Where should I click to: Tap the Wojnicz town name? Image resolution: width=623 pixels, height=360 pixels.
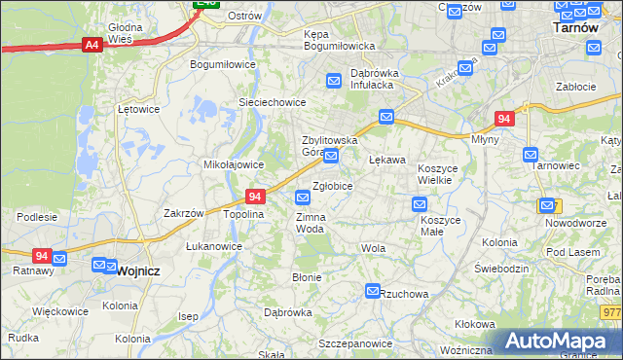[137, 271]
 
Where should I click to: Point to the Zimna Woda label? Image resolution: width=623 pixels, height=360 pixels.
[310, 222]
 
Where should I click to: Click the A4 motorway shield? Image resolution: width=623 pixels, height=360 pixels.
[92, 44]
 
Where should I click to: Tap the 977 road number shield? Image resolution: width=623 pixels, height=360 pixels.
[611, 311]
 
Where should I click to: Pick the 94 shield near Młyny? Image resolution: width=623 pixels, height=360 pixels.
[503, 119]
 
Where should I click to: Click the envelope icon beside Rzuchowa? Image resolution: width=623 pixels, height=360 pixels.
[373, 291]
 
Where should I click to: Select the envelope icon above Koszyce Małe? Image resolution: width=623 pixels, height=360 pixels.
[419, 203]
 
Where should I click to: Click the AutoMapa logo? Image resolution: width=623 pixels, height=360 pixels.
[560, 341]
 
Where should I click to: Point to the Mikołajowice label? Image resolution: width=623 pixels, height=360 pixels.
[229, 164]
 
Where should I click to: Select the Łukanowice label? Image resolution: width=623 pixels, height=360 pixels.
[214, 246]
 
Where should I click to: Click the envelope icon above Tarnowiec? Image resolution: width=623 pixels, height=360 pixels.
[531, 154]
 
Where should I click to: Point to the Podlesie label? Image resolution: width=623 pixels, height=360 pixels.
[37, 217]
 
